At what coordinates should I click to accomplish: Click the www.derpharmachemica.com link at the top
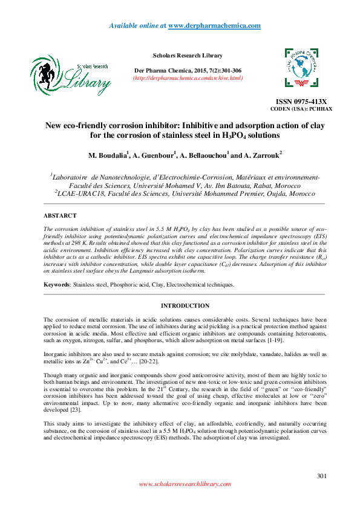[x=214, y=25]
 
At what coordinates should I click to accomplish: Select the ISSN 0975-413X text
[x=301, y=102]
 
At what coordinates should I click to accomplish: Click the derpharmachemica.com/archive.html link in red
[x=188, y=78]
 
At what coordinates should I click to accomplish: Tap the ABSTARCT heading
[x=60, y=215]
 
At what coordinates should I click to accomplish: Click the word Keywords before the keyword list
[x=57, y=284]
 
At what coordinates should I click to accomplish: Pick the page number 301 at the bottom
[x=322, y=476]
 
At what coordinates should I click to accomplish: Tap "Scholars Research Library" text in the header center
[x=188, y=56]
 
